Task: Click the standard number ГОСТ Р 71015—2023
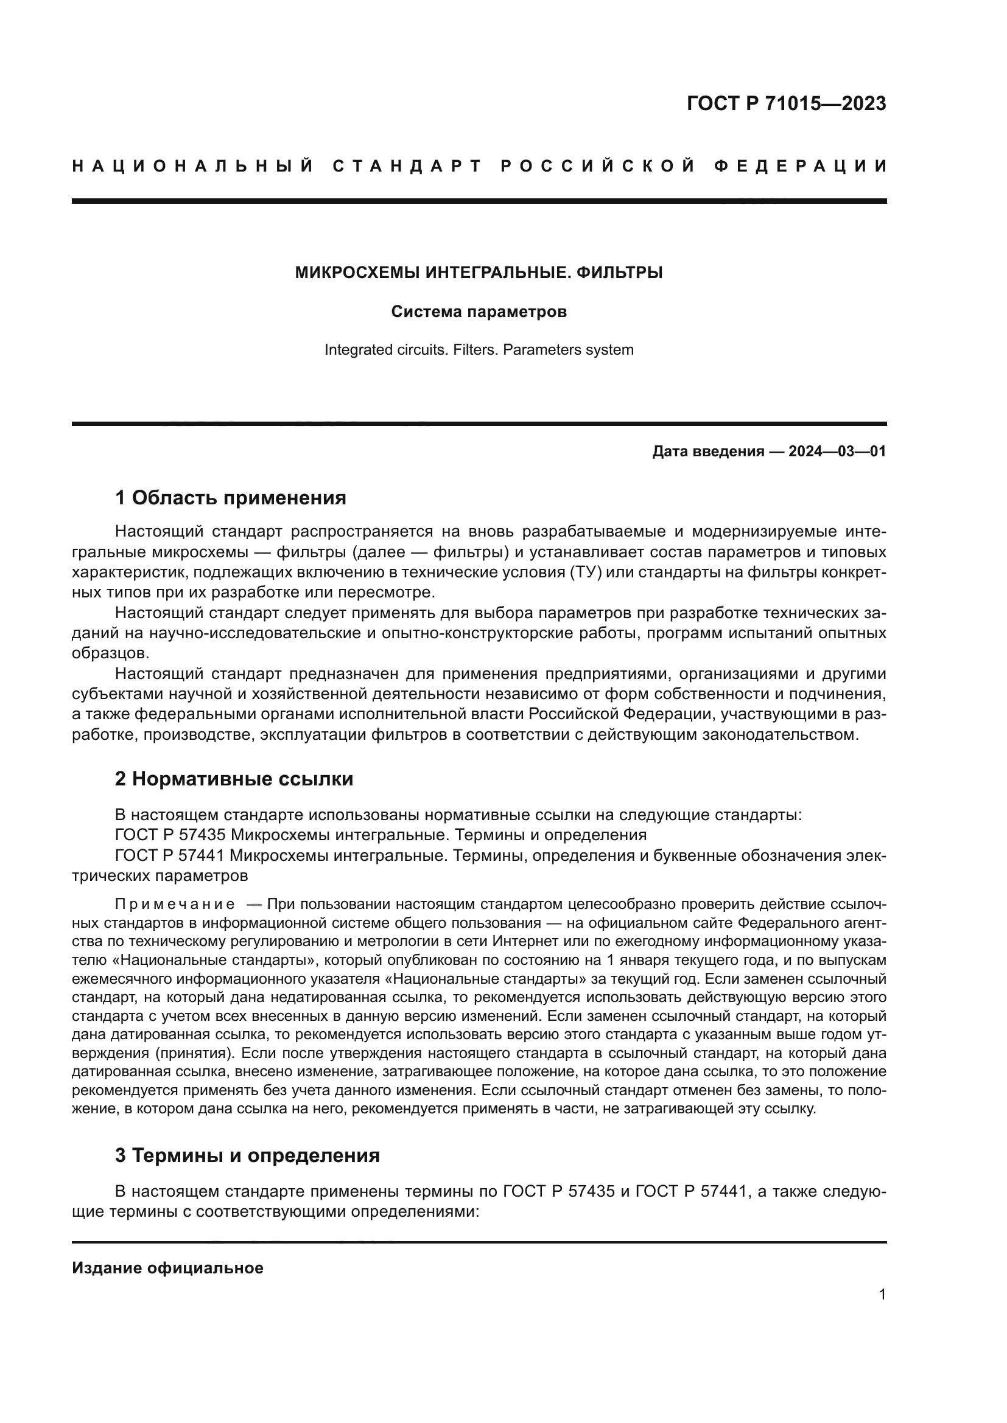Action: (x=786, y=103)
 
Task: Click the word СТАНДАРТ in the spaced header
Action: (x=407, y=166)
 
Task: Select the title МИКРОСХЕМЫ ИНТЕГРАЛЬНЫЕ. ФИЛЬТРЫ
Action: (x=479, y=272)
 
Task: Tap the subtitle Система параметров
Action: (x=479, y=311)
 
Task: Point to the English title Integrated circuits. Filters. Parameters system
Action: (x=479, y=350)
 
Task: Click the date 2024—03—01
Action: (x=837, y=451)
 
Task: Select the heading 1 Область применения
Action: (x=231, y=498)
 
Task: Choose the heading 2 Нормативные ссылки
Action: (x=234, y=779)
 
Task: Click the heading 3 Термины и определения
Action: (x=247, y=1155)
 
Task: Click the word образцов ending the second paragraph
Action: (x=110, y=653)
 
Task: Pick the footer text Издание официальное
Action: (x=167, y=1268)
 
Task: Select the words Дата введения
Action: (x=707, y=451)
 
